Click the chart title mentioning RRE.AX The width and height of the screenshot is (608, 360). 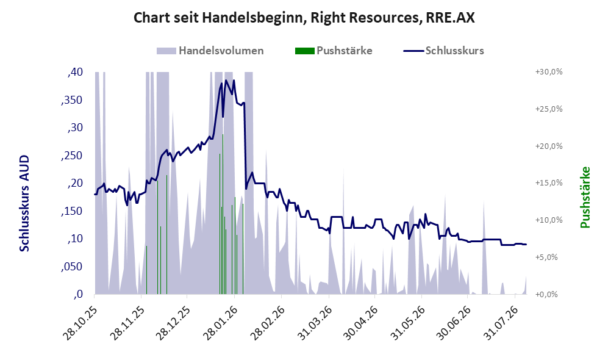coord(304,18)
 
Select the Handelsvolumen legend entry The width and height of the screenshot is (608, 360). coord(210,51)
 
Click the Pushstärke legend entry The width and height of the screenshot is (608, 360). coord(334,51)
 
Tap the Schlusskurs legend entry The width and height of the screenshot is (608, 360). coord(443,51)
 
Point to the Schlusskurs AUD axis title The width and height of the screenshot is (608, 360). coord(24,203)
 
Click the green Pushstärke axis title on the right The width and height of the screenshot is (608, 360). coord(585,198)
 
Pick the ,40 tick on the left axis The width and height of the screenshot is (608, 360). coord(75,72)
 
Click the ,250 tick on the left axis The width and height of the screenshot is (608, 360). coord(72,155)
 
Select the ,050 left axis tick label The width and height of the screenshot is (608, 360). coord(72,267)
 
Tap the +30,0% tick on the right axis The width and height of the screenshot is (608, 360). coord(549,72)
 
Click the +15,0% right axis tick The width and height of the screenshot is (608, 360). coord(549,182)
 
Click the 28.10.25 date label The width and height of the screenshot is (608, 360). coord(79,323)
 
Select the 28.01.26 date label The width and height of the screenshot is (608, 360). coord(220,323)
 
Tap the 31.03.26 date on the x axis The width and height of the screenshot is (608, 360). coord(315,323)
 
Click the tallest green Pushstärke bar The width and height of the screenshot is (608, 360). coord(223,214)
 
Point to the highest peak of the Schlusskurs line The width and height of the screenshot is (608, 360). coord(226,81)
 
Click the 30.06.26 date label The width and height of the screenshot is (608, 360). coord(454,323)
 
